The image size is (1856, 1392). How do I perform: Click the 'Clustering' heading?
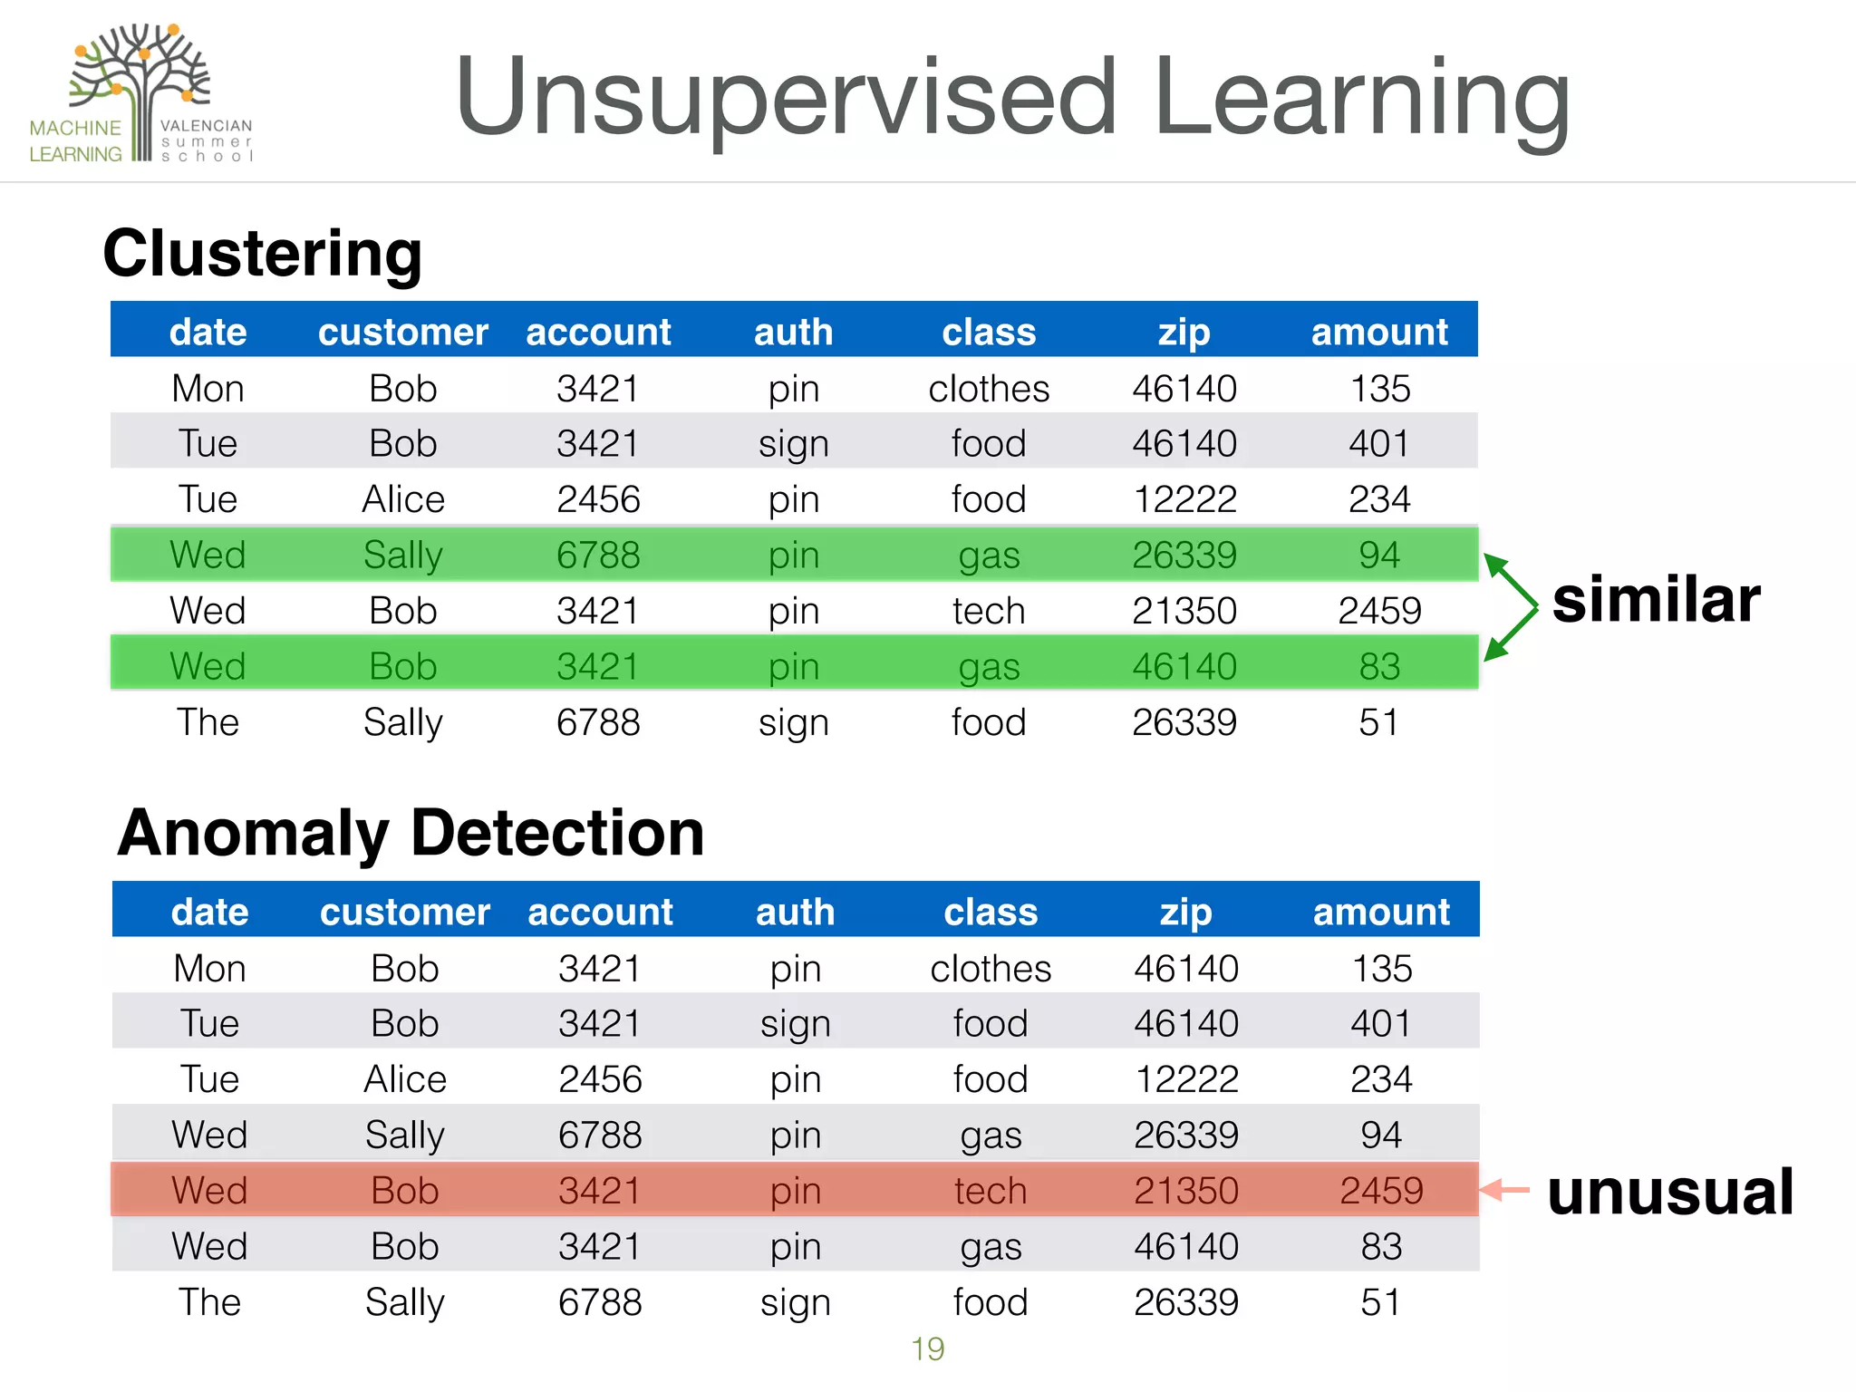(x=263, y=253)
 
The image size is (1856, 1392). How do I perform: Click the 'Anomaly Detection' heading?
(x=411, y=833)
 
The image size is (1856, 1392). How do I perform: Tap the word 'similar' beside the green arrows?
(x=1656, y=600)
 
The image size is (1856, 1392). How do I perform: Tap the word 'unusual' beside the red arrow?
(x=1670, y=1192)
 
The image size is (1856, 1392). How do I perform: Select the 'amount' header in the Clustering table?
(x=1379, y=332)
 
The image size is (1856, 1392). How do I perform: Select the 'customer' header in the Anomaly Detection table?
(x=404, y=912)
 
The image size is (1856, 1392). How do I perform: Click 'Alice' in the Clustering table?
(x=403, y=499)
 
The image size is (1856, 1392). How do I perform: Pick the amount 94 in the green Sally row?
(x=1379, y=555)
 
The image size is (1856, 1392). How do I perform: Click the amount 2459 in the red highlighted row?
(x=1381, y=1190)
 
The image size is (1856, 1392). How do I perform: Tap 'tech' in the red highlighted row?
(x=990, y=1190)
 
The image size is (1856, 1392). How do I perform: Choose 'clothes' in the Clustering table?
(x=989, y=389)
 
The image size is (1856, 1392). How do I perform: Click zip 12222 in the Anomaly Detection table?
(x=1186, y=1079)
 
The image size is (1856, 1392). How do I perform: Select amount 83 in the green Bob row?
(x=1379, y=667)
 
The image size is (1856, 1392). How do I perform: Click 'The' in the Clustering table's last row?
(x=208, y=722)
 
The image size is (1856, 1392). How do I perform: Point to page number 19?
(x=927, y=1348)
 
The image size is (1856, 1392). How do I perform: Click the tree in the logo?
(x=140, y=72)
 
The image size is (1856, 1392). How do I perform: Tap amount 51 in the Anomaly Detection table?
(x=1381, y=1302)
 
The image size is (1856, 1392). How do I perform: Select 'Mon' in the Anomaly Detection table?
(x=209, y=969)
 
